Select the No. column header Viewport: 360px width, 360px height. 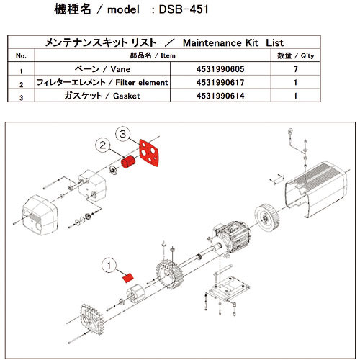[21, 55]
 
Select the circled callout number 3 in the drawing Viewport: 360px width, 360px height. [124, 135]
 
